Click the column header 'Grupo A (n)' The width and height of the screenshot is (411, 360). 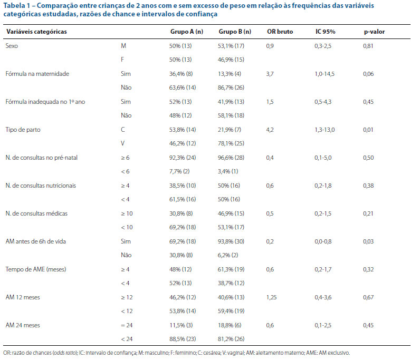187,32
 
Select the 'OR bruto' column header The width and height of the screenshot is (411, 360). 280,32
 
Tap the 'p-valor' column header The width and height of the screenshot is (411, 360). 374,32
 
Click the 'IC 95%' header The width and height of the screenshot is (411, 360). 326,32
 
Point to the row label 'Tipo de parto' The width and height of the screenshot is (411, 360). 23,130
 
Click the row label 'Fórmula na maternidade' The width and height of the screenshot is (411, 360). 37,74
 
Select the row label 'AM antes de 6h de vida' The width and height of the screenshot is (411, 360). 36,241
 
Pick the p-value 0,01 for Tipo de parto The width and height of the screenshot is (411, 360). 368,130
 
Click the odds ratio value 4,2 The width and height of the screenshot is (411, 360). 270,130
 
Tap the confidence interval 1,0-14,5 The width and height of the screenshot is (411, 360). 324,74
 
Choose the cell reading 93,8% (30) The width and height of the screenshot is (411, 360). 231,241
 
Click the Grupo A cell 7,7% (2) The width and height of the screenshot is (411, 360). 179,171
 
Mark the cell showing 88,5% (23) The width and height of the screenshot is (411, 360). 183,339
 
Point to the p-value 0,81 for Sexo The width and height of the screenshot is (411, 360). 368,46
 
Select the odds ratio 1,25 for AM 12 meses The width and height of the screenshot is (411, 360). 271,297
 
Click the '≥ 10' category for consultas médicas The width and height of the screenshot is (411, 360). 127,213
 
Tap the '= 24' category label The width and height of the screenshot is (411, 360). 127,325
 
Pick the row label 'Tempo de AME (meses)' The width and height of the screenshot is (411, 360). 36,269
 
